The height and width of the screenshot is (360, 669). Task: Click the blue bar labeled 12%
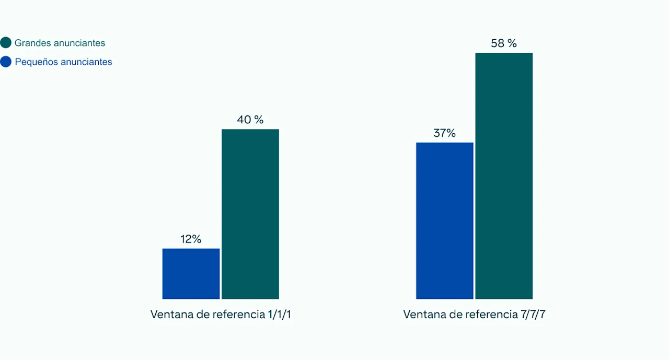coord(191,273)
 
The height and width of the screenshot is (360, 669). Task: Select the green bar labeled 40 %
coord(250,214)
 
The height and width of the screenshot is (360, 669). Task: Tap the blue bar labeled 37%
coord(444,220)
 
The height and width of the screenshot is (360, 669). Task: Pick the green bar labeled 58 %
coord(504,176)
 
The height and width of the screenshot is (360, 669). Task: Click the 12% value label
coord(191,239)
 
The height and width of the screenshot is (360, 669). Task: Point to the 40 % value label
coord(250,120)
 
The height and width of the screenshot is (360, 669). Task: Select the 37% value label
coord(444,133)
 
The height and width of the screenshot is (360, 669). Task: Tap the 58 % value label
coord(504,43)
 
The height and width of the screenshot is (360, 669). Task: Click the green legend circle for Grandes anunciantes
coord(6,43)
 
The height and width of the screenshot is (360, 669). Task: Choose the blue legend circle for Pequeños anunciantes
coord(6,62)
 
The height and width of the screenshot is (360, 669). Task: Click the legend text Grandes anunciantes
coord(60,43)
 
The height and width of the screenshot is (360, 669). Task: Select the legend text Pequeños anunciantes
coord(63,62)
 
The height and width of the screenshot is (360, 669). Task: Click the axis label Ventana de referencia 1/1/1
coord(221,315)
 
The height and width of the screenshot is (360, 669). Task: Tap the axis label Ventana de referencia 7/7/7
coord(475,315)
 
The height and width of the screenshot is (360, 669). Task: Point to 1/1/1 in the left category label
coord(279,315)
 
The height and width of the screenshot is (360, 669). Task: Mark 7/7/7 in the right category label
coord(533,315)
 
